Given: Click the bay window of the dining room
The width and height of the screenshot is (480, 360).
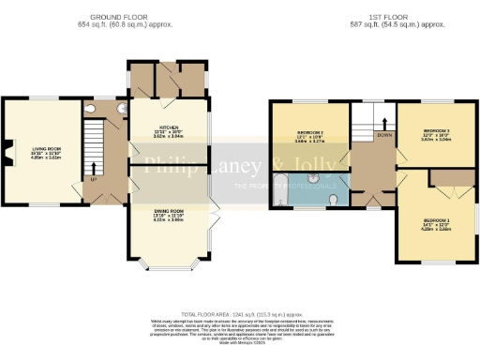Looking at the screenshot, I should click(171, 262).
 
